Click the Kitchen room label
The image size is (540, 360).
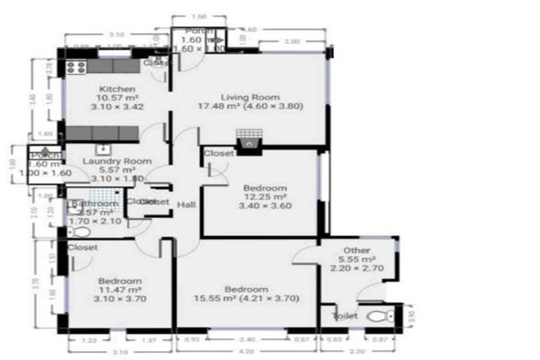click(x=117, y=89)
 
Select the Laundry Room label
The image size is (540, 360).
click(x=117, y=161)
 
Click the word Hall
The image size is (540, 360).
click(x=186, y=204)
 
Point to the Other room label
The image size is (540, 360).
click(x=357, y=251)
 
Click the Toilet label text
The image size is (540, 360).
click(x=345, y=316)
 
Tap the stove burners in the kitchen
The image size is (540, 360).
click(x=76, y=67)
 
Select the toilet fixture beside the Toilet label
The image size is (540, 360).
click(x=380, y=316)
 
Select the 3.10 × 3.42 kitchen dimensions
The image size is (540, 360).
click(x=117, y=108)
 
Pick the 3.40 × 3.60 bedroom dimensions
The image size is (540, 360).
click(x=265, y=206)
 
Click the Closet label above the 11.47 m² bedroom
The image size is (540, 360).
click(x=83, y=247)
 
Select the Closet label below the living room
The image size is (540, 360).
click(x=219, y=153)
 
